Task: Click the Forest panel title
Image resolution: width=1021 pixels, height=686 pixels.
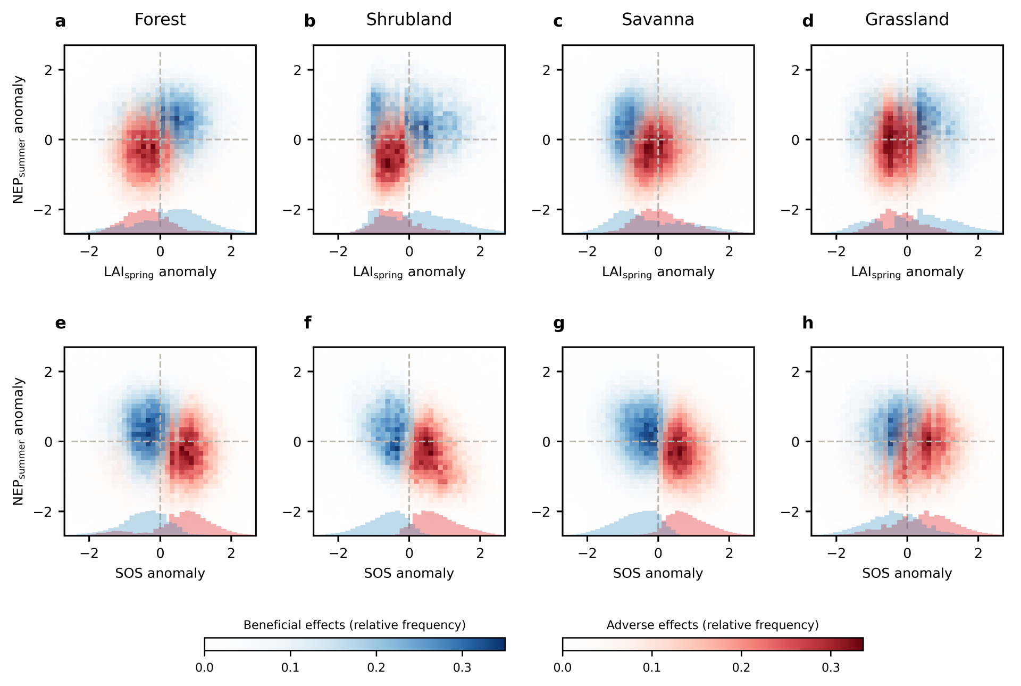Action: click(160, 20)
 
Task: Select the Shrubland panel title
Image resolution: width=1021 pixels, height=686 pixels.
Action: click(409, 20)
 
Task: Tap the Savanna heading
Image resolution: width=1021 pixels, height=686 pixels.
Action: click(658, 20)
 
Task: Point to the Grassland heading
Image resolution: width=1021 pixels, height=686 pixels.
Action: click(907, 20)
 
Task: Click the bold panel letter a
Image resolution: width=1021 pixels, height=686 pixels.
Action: click(61, 21)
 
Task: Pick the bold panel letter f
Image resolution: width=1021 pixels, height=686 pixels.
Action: click(308, 323)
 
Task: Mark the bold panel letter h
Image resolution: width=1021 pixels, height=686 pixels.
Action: click(808, 323)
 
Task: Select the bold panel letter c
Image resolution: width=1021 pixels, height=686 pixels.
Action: click(558, 21)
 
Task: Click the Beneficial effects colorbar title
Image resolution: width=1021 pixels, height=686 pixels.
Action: click(354, 625)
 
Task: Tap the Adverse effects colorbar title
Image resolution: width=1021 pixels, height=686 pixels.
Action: click(713, 625)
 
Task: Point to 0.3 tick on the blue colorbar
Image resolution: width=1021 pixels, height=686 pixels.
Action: click(462, 667)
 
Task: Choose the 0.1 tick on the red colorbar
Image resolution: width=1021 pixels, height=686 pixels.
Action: click(651, 667)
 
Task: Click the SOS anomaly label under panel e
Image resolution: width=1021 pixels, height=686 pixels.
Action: click(160, 573)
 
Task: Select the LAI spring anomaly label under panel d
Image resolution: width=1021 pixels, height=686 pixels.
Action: click(907, 272)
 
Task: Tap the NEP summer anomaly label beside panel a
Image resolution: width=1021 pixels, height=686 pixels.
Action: click(19, 139)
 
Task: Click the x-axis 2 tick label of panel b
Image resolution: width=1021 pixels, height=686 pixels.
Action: click(480, 252)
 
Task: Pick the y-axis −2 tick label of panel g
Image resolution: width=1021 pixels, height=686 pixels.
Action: click(542, 511)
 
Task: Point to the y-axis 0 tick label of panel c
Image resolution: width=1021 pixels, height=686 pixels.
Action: click(546, 140)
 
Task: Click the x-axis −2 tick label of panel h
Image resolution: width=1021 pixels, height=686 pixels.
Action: click(836, 553)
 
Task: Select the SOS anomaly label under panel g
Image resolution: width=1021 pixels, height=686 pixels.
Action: click(658, 573)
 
